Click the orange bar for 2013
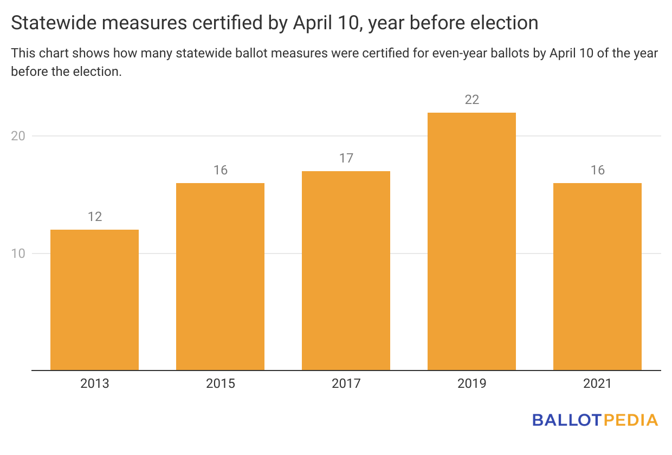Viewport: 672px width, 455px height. pyautogui.click(x=94, y=300)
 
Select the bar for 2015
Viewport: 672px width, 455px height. pyautogui.click(x=220, y=277)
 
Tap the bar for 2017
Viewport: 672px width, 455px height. pyautogui.click(x=346, y=271)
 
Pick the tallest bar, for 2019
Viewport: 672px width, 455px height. pyautogui.click(x=471, y=242)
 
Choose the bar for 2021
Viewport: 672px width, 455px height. pyautogui.click(x=597, y=277)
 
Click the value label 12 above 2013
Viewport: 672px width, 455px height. pyautogui.click(x=94, y=217)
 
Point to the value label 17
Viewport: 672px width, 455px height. pyautogui.click(x=346, y=158)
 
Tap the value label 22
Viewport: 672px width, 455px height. pyautogui.click(x=471, y=100)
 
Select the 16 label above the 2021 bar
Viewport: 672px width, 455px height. pyautogui.click(x=597, y=170)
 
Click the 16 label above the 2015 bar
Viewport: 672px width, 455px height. pyautogui.click(x=220, y=170)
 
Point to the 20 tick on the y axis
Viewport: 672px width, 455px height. pyautogui.click(x=18, y=136)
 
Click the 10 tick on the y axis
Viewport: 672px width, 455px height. pyautogui.click(x=18, y=253)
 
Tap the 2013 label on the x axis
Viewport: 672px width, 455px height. pyautogui.click(x=94, y=383)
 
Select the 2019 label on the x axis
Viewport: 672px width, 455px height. pyautogui.click(x=471, y=383)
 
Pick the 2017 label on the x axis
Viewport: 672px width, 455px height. pyautogui.click(x=346, y=383)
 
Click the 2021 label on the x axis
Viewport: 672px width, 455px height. pyautogui.click(x=597, y=383)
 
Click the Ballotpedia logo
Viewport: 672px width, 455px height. pyautogui.click(x=595, y=420)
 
